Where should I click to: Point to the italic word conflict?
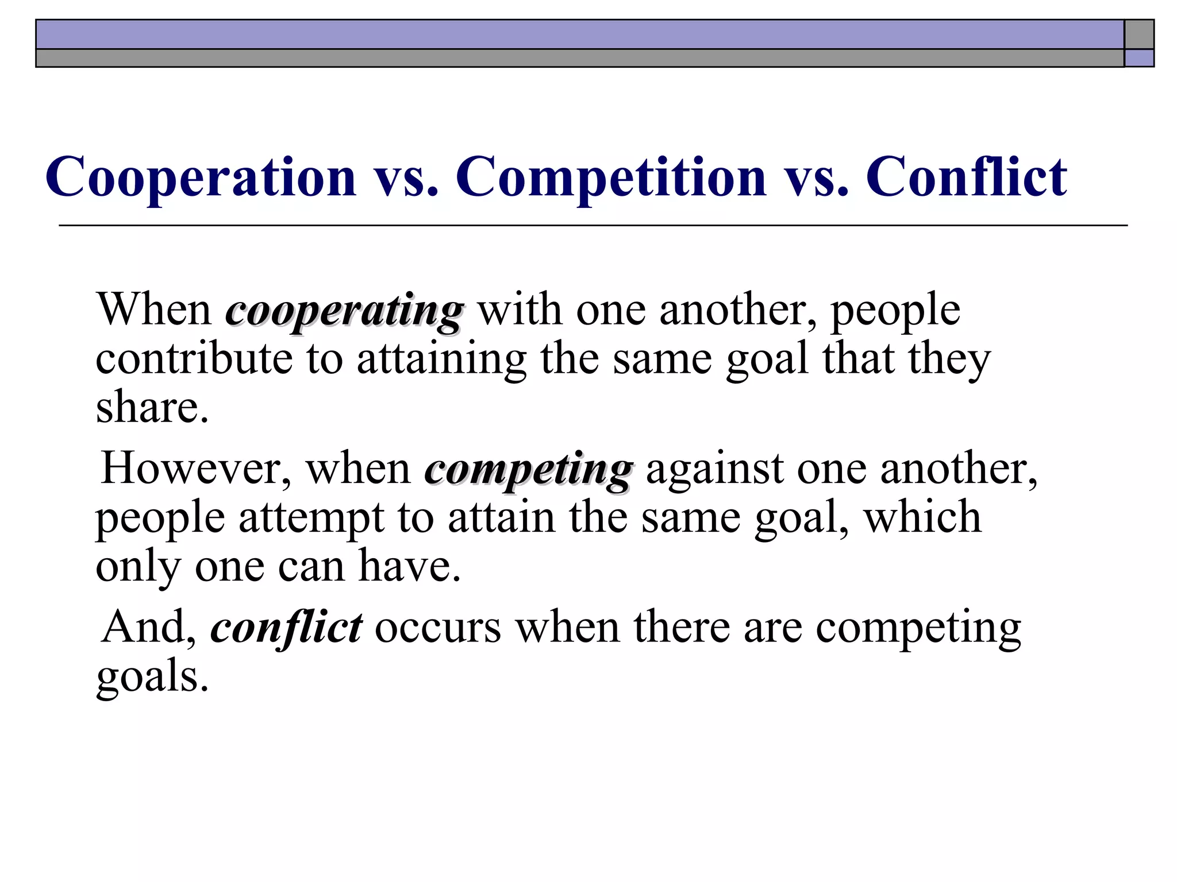(286, 627)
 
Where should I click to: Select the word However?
(195, 469)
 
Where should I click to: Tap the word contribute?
(194, 359)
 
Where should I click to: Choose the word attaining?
(441, 359)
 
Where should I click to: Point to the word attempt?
(311, 519)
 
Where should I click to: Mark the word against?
(714, 469)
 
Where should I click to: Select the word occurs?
(438, 627)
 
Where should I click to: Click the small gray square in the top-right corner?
(1138, 34)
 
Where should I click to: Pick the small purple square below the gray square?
(1138, 58)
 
